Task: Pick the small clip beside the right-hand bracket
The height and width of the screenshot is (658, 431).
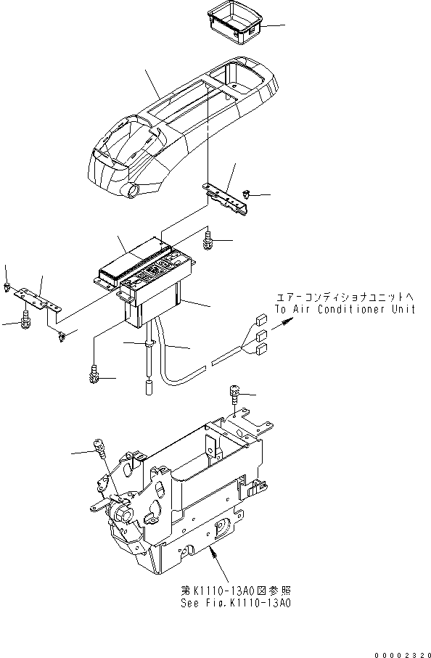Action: (x=247, y=195)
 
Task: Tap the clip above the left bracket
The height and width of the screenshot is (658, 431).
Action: (x=7, y=287)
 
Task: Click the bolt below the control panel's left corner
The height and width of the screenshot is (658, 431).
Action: (x=93, y=374)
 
